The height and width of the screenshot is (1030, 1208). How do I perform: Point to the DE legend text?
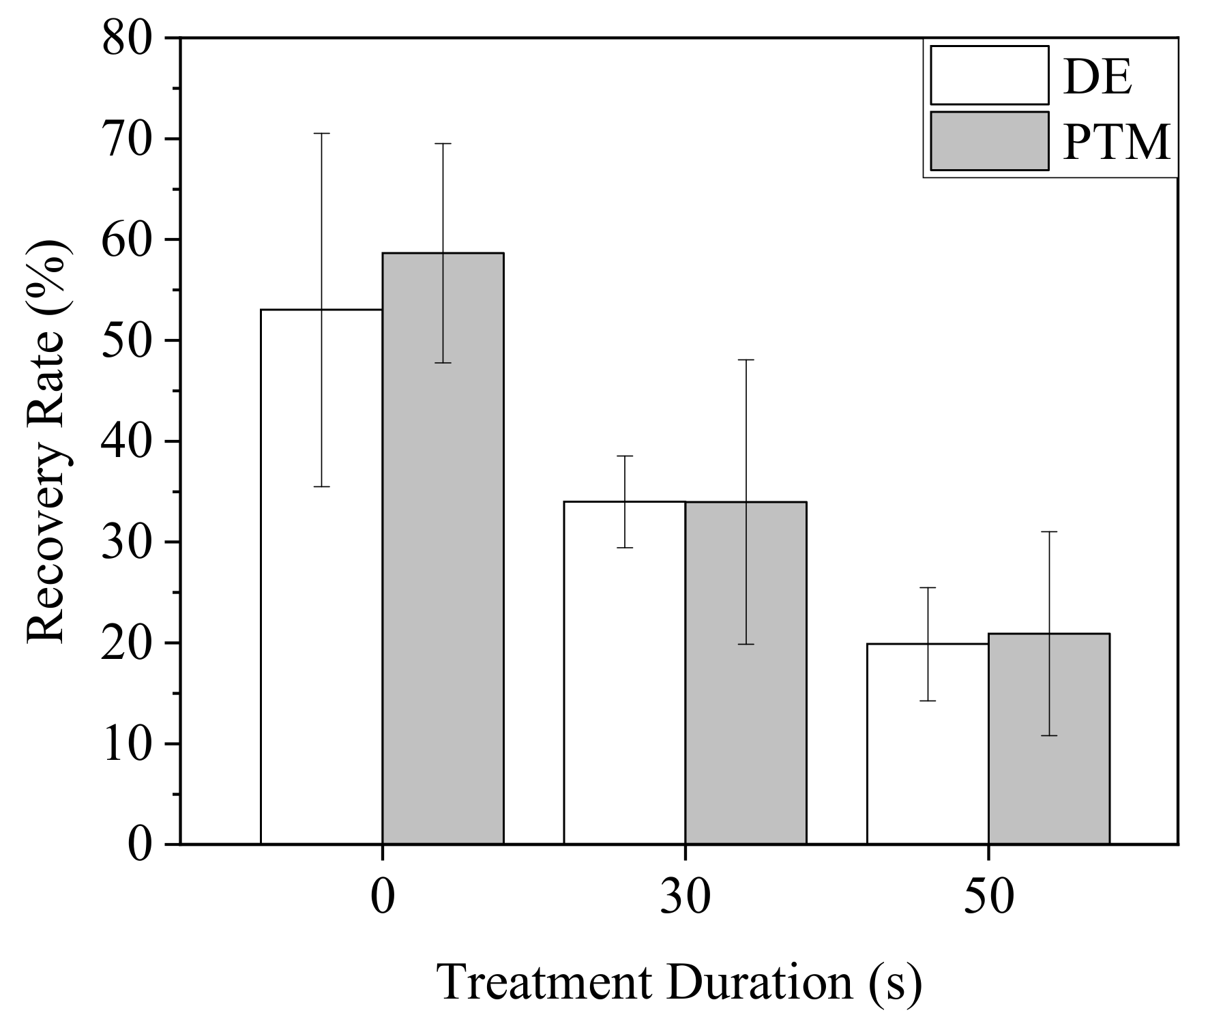[x=1097, y=78]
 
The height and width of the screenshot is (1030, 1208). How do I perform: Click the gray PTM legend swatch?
[x=989, y=141]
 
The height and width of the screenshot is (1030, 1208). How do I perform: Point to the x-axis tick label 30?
[x=685, y=898]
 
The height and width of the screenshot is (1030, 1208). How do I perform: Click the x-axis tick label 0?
[x=382, y=898]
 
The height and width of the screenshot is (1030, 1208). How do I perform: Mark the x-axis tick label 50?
[x=988, y=898]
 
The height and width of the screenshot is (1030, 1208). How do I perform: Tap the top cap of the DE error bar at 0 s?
[x=321, y=134]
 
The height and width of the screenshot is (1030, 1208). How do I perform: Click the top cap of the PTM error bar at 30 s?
[x=746, y=359]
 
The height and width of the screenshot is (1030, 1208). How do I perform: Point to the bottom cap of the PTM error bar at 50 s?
[x=1049, y=735]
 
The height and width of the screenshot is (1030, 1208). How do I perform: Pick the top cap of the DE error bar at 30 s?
[x=624, y=456]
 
